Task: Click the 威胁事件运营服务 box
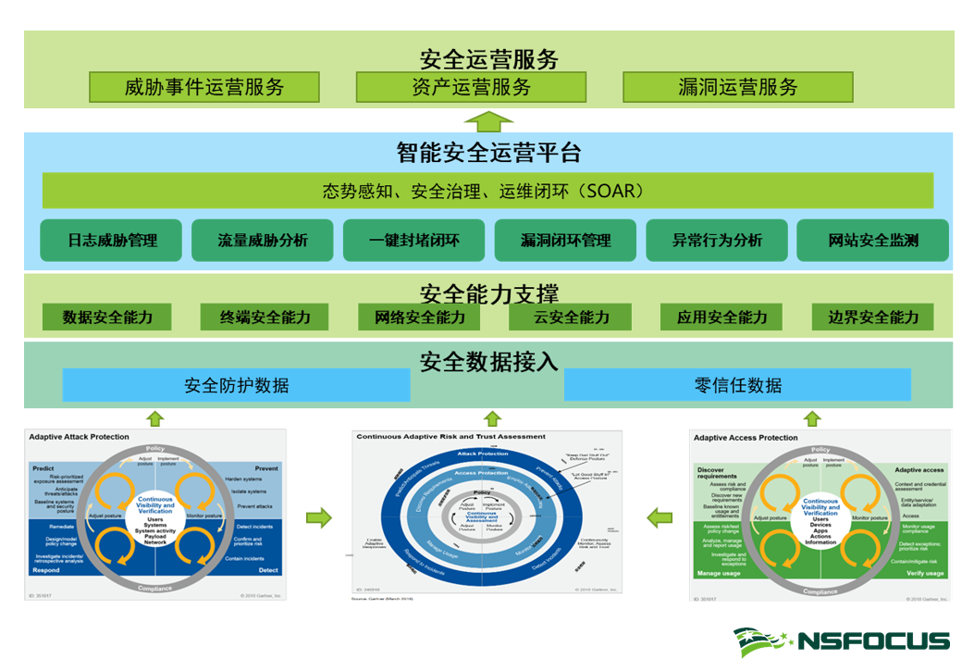pos(204,88)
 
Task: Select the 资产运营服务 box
pos(471,88)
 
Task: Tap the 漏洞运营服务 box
pos(737,88)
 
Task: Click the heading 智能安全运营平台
pos(488,152)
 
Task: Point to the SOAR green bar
pos(487,192)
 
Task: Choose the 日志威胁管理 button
pos(112,241)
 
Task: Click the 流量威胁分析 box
pos(264,241)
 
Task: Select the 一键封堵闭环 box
pos(414,241)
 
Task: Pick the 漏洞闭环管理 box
pos(566,241)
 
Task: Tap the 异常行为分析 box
pos(717,241)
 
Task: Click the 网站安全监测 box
pos(872,241)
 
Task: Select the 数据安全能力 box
pos(108,317)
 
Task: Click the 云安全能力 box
pos(572,317)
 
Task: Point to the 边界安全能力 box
pos(873,317)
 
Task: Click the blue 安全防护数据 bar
pos(236,385)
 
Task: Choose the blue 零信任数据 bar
pos(737,385)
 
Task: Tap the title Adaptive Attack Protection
pos(80,437)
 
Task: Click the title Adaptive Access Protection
pos(746,438)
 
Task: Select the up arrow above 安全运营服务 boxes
pos(487,120)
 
